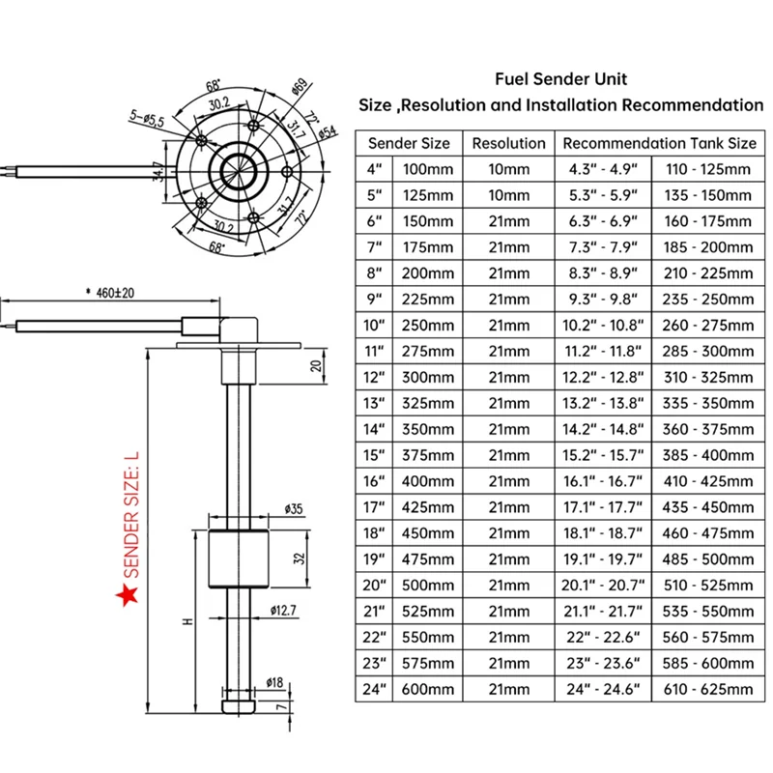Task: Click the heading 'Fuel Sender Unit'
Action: pos(560,78)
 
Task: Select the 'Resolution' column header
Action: pos(508,143)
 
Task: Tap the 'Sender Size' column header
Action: pos(409,143)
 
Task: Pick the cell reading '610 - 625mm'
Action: pos(708,689)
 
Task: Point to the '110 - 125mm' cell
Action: pos(708,169)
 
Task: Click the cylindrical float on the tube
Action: pos(235,558)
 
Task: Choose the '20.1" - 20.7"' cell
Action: pos(605,585)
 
